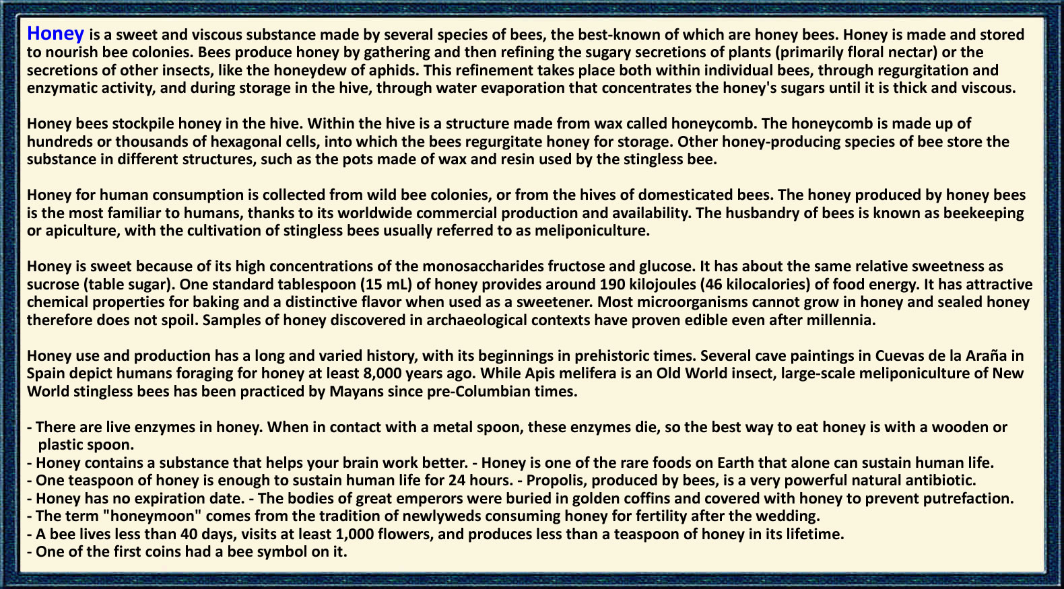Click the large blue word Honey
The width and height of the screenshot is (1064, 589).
tap(55, 34)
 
